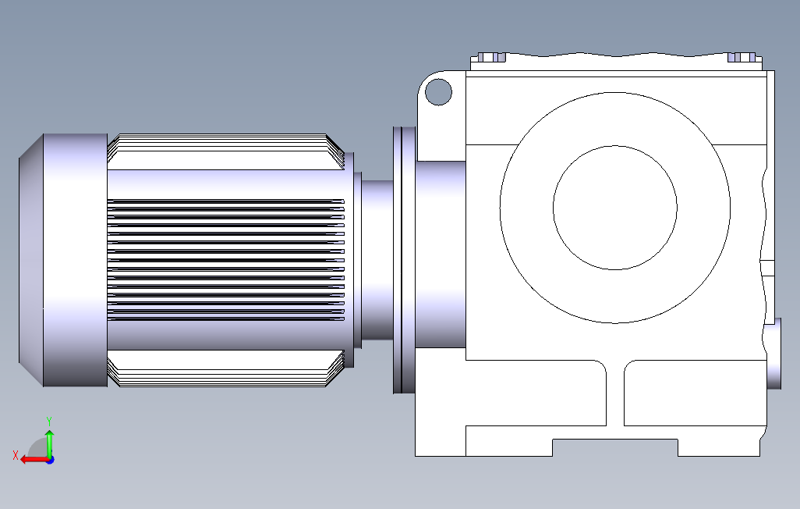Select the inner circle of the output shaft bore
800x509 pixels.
click(614, 146)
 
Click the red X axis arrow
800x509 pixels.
click(34, 460)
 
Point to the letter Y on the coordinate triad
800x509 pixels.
click(49, 422)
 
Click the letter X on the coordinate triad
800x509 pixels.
click(16, 455)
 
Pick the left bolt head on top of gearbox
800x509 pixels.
click(491, 57)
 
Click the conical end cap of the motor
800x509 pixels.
click(30, 260)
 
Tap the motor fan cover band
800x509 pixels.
click(76, 260)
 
